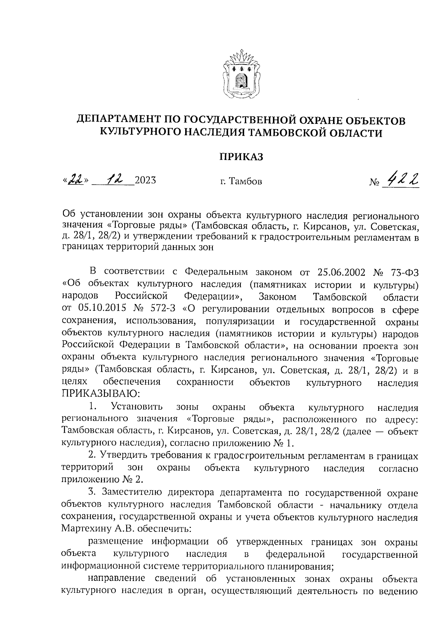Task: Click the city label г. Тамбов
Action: coord(241,182)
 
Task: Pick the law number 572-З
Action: coord(162,309)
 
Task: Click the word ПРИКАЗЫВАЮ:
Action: coord(101,394)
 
